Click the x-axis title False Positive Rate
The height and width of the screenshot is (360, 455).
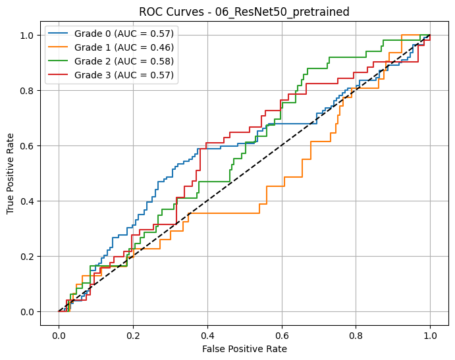tap(244, 349)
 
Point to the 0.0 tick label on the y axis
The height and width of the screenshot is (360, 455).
tap(28, 312)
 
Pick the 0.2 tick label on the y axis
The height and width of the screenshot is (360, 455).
tap(28, 257)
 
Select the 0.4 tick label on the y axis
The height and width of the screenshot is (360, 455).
tap(28, 201)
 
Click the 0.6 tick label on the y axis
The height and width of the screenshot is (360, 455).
tap(28, 146)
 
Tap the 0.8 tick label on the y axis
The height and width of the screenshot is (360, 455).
tap(28, 91)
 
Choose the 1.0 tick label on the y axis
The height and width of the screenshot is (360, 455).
tap(28, 36)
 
